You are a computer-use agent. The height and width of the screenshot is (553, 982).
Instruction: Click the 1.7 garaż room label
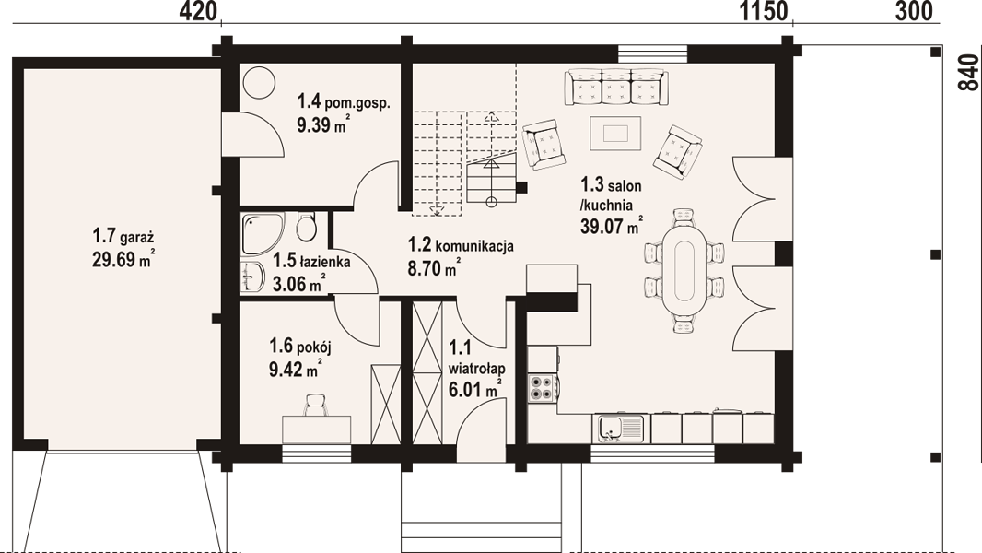(x=123, y=236)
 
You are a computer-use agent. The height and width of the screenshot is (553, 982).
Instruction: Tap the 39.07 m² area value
(x=612, y=226)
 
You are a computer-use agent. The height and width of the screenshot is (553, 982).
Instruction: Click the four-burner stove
(x=542, y=388)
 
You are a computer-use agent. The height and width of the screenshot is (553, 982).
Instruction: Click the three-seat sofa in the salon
(x=615, y=87)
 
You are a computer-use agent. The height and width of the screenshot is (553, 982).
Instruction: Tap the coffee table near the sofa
(x=615, y=134)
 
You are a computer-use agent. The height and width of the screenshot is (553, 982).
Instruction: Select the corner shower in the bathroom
(x=262, y=233)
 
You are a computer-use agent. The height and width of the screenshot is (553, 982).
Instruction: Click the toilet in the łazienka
(x=306, y=228)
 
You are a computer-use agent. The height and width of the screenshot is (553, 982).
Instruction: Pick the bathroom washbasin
(x=252, y=276)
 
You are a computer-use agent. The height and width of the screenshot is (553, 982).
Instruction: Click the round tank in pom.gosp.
(x=259, y=81)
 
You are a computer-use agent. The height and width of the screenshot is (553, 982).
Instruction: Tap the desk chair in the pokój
(x=316, y=405)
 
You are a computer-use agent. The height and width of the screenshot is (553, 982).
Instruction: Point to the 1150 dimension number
(x=764, y=11)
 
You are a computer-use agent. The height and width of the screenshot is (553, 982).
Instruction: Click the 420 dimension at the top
(x=198, y=11)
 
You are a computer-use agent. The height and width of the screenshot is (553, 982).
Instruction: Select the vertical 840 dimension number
(x=968, y=73)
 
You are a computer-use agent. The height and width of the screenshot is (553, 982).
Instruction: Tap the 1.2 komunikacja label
(x=461, y=244)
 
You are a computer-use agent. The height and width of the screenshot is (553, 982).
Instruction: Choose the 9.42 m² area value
(x=296, y=369)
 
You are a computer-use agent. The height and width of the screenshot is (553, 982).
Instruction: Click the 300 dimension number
(x=914, y=11)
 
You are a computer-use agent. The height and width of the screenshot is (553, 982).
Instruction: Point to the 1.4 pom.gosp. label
(x=344, y=101)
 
